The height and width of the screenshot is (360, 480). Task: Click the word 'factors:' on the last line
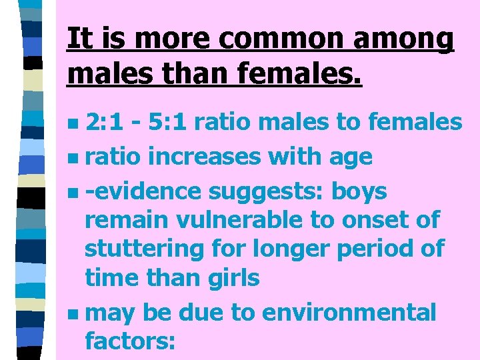131,341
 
